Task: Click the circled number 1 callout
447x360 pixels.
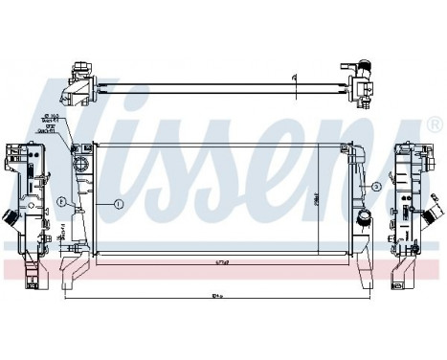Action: coord(119,203)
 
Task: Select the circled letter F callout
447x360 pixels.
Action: coord(61,203)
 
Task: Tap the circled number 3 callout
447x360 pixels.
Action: coord(376,186)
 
